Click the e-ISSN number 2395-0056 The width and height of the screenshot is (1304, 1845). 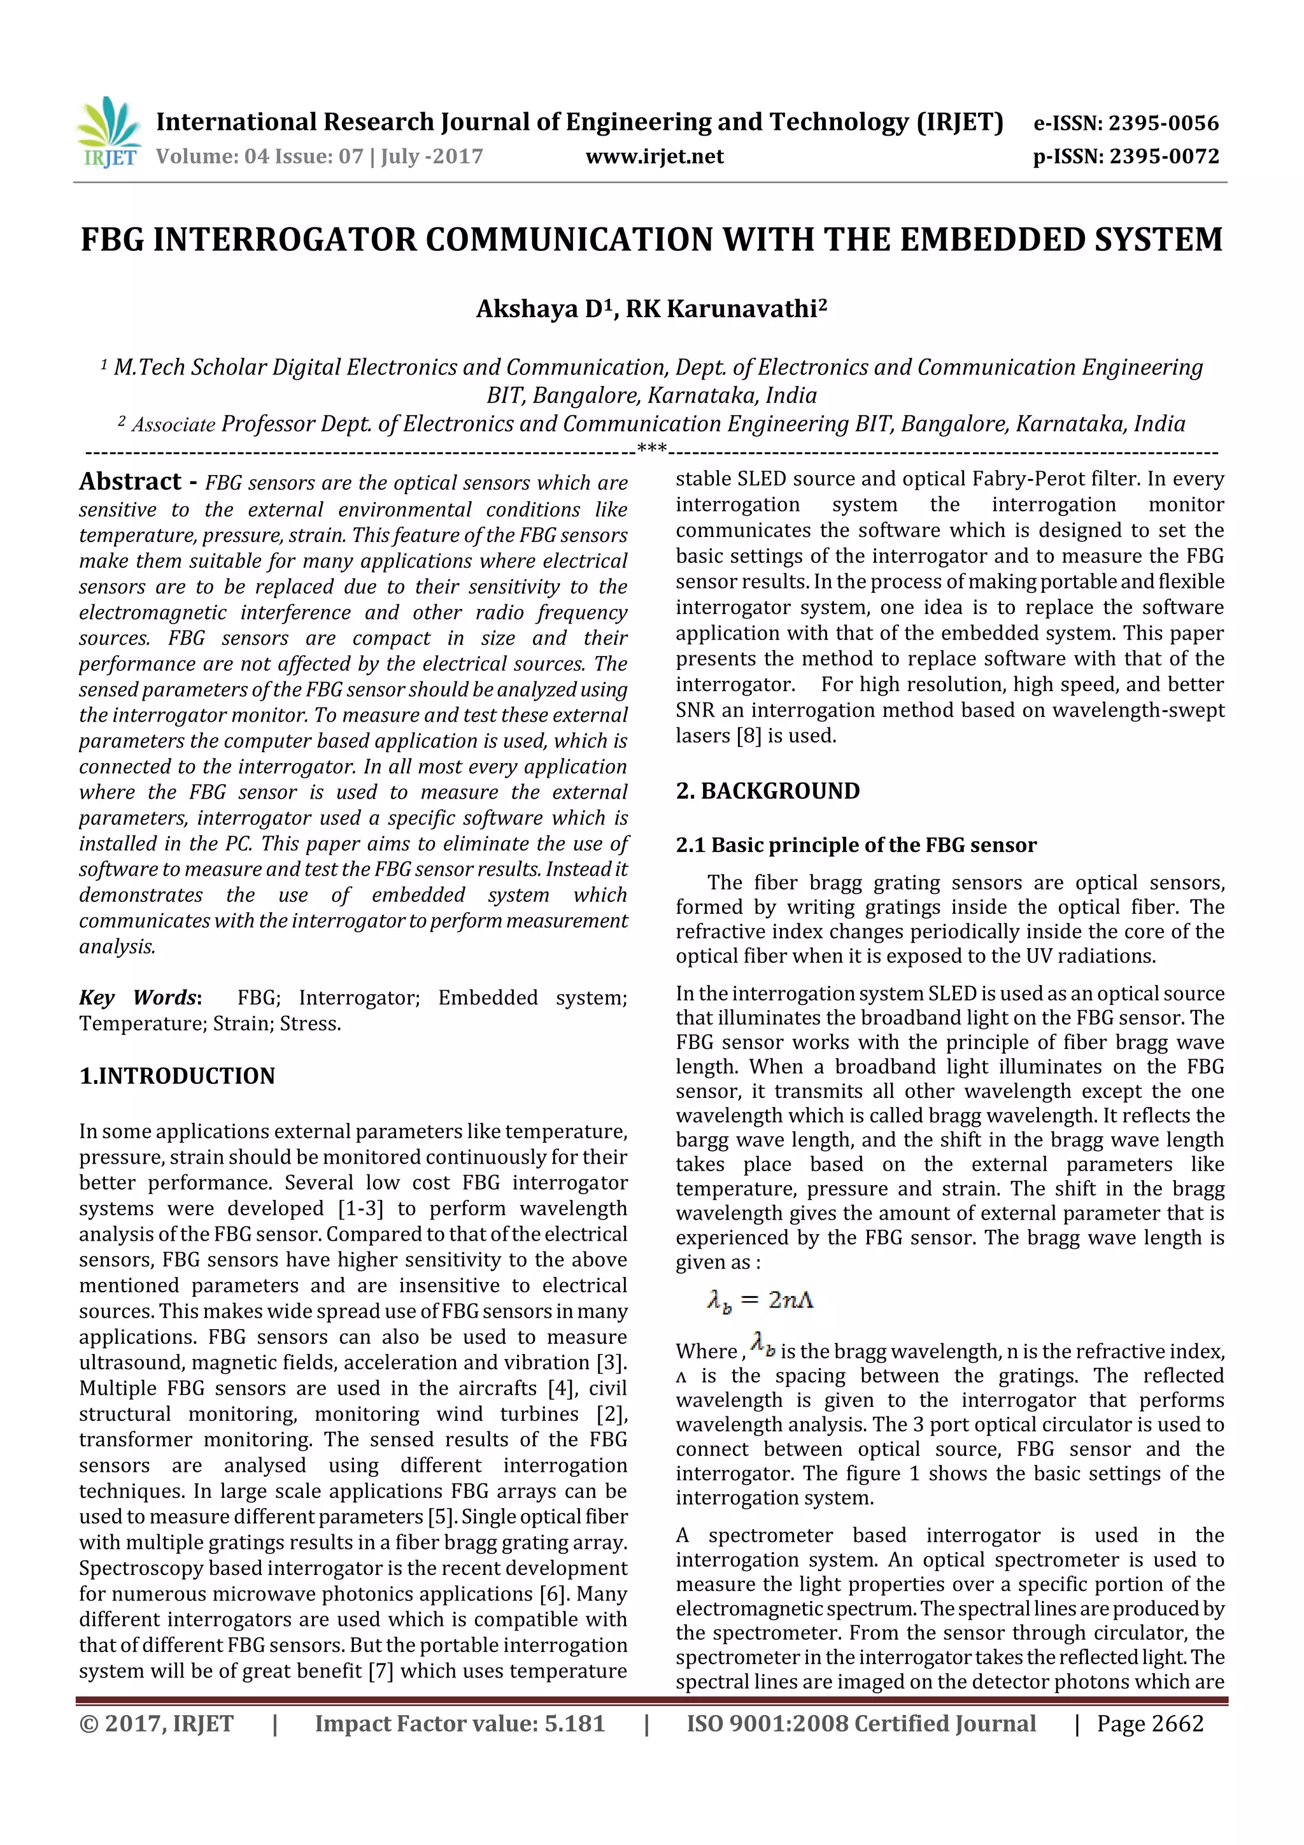[1163, 123]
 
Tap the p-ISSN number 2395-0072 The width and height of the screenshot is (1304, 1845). [1164, 156]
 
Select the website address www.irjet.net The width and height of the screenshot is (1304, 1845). [654, 156]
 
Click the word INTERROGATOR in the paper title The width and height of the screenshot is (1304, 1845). [283, 239]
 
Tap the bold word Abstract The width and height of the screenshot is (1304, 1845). [130, 481]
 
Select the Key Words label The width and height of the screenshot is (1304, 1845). [139, 997]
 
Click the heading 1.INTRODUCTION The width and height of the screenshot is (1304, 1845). [177, 1075]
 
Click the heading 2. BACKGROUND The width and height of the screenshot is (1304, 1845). [767, 791]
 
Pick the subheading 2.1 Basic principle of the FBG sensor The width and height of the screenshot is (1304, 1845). [856, 844]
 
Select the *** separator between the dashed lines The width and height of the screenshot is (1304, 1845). [651, 448]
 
